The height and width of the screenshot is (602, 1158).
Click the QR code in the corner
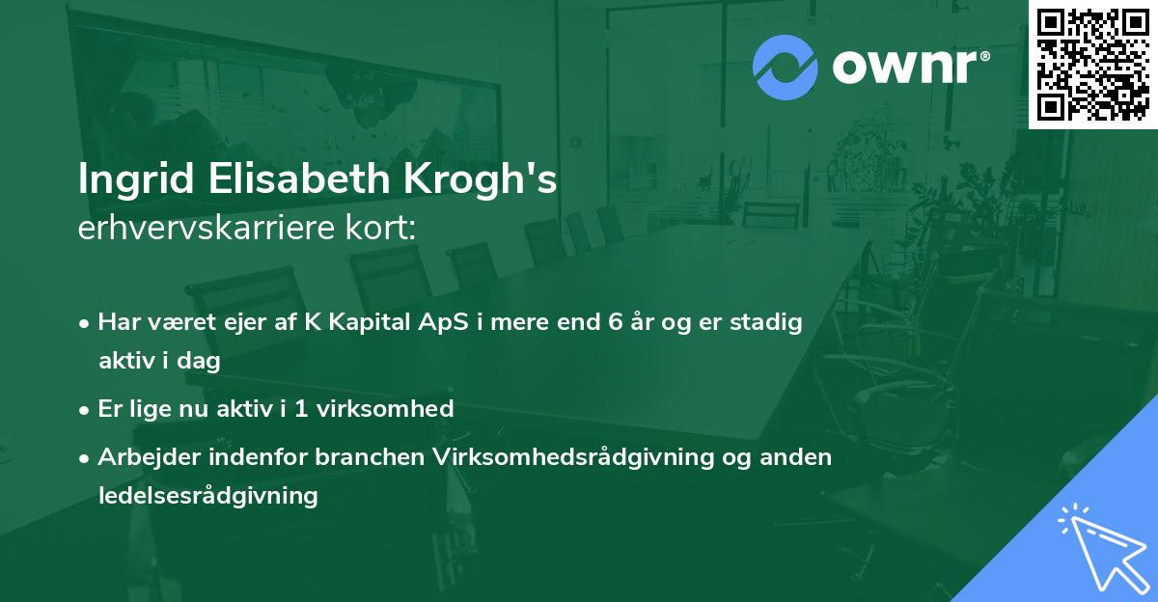pos(1092,63)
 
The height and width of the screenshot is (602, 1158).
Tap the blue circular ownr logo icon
pos(786,68)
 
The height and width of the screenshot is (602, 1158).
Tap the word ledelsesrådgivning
pos(207,496)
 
